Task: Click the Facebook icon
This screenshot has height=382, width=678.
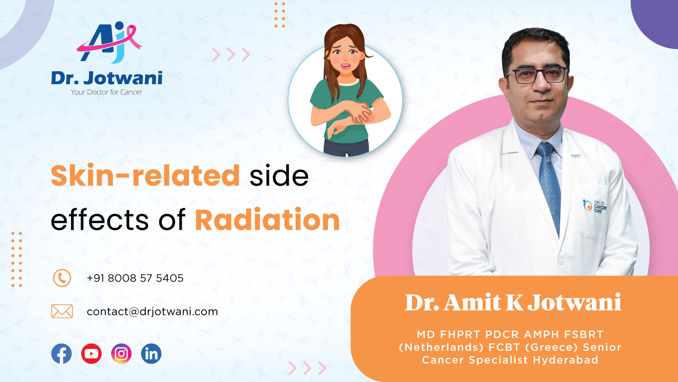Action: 61,353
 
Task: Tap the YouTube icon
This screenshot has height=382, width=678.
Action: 91,353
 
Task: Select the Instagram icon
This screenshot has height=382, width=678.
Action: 121,353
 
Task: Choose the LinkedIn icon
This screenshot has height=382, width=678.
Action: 151,353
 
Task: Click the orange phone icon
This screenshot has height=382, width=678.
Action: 62,278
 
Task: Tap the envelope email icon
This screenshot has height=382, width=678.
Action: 62,311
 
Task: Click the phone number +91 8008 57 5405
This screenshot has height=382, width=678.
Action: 135,278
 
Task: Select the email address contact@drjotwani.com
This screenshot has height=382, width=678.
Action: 152,311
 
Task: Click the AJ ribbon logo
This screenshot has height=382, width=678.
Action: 109,42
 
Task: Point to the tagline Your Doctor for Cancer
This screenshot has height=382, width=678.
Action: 106,92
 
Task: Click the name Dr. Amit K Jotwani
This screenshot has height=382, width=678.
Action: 513,302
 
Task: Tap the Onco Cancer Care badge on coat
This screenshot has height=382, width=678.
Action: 595,206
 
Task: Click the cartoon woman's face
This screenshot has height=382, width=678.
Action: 345,58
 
